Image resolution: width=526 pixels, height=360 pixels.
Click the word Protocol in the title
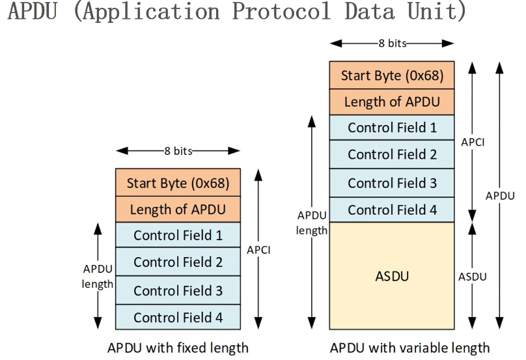tap(281, 11)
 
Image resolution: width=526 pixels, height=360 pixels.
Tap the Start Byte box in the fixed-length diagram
tap(178, 182)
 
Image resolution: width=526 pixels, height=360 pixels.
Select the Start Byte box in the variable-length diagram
tap(392, 75)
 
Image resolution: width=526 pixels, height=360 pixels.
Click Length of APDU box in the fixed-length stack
tap(178, 210)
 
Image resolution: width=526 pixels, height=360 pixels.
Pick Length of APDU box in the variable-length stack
tap(392, 102)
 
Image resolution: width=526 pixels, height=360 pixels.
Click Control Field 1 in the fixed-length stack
tap(178, 235)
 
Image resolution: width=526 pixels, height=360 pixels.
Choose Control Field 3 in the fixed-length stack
tap(178, 290)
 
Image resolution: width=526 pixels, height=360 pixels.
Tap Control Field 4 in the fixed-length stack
tap(178, 317)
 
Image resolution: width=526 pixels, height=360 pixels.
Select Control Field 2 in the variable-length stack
tap(392, 154)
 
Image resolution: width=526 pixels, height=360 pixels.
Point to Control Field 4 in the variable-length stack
tap(392, 210)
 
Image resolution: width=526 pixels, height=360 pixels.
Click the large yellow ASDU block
tap(392, 276)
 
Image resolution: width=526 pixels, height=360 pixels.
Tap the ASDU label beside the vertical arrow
tap(473, 277)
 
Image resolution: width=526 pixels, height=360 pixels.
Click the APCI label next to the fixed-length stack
tap(258, 250)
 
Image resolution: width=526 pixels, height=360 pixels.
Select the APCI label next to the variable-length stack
tap(473, 143)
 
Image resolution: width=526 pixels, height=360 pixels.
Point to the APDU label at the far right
tap(500, 196)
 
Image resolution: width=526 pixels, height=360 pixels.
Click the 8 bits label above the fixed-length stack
tap(178, 151)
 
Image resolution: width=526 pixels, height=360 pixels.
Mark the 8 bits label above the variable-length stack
tap(393, 43)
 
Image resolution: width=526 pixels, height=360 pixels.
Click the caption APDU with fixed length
tap(178, 348)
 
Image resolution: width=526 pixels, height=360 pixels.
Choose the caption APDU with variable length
tap(409, 348)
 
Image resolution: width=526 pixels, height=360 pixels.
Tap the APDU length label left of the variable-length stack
tap(312, 223)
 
